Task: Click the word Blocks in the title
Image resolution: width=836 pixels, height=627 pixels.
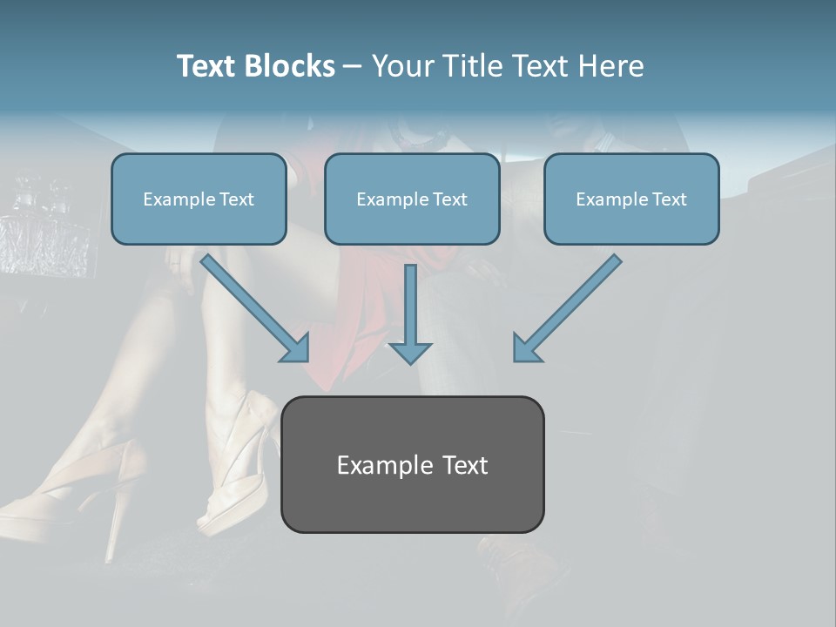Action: [291, 66]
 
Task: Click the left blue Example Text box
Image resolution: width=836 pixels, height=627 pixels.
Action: [199, 199]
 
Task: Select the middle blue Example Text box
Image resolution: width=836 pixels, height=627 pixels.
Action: [412, 199]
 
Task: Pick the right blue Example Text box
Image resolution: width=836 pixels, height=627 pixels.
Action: [631, 199]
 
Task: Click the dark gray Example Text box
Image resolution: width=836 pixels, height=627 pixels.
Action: [412, 464]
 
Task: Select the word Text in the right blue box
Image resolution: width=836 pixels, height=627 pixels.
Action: [669, 199]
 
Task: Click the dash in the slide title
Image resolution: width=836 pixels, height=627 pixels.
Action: [354, 67]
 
